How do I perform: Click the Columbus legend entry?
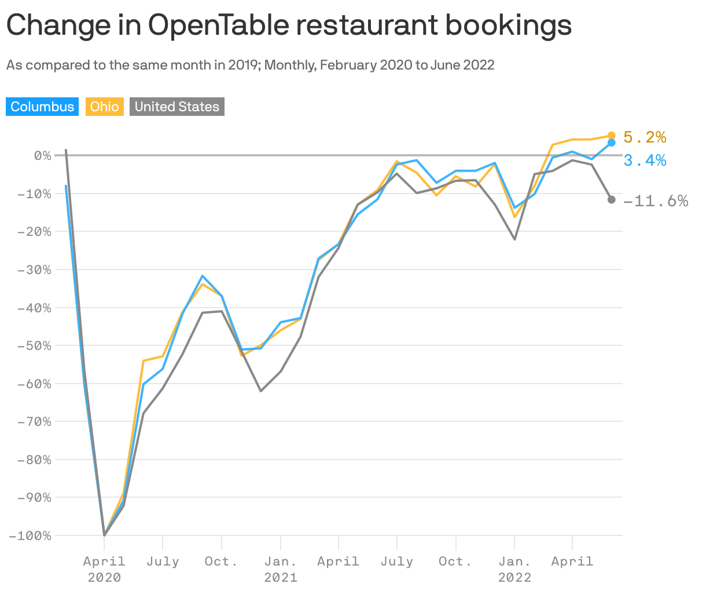(x=42, y=107)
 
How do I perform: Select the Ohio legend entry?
(x=105, y=107)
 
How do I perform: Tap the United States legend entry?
(x=176, y=107)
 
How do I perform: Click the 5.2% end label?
(x=645, y=137)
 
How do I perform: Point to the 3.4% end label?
(x=645, y=160)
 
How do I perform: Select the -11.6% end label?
(x=656, y=201)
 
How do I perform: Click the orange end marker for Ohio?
(x=612, y=136)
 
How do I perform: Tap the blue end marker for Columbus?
(x=612, y=143)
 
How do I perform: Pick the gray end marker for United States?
(x=612, y=199)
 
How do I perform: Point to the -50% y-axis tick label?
(x=34, y=345)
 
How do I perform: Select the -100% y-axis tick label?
(x=31, y=535)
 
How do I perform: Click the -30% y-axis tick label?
(x=34, y=269)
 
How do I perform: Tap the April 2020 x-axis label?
(x=104, y=568)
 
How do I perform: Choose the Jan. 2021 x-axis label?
(x=281, y=568)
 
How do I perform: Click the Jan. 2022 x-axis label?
(x=514, y=568)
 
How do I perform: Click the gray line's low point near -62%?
(x=261, y=391)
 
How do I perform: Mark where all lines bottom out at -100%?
(x=104, y=535)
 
